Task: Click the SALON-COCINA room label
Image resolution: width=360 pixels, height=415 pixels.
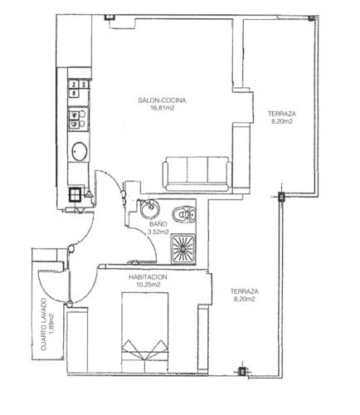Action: [162, 100]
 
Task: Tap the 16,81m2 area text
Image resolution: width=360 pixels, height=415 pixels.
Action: [162, 108]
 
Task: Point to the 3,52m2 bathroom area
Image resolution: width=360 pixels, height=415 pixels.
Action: [158, 232]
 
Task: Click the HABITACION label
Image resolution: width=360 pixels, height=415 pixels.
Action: [148, 277]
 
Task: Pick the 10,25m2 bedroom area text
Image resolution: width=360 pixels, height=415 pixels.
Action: [148, 285]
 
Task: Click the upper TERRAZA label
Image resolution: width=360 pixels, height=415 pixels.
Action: [282, 114]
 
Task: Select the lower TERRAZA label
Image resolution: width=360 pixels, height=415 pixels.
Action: [245, 291]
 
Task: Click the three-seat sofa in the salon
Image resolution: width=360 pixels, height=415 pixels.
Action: [197, 173]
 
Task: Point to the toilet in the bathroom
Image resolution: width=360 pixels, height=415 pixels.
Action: [184, 214]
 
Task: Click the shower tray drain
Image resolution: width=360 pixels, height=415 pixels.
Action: [183, 249]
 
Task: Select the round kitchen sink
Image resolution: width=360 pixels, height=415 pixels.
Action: [80, 151]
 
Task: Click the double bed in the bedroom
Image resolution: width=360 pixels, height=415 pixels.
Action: [145, 332]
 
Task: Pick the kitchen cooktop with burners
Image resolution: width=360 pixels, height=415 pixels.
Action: [78, 120]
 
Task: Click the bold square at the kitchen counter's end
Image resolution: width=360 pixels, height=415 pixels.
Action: [75, 194]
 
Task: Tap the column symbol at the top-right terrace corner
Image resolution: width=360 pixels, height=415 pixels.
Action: [311, 18]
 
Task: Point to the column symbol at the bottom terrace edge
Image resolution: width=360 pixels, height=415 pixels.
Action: [242, 372]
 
